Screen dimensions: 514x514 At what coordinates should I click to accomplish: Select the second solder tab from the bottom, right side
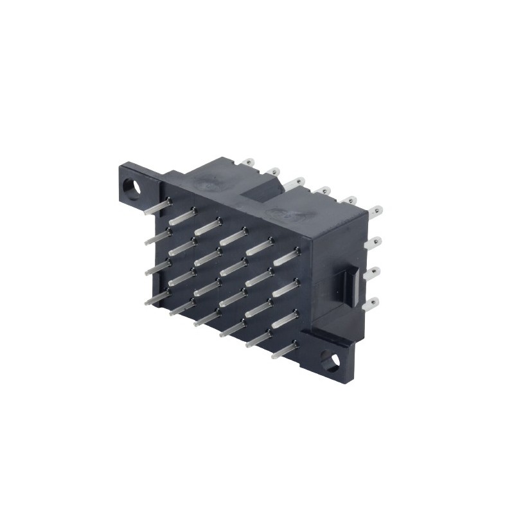[x=372, y=272]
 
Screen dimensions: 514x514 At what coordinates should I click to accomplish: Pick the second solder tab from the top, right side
[x=373, y=242]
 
